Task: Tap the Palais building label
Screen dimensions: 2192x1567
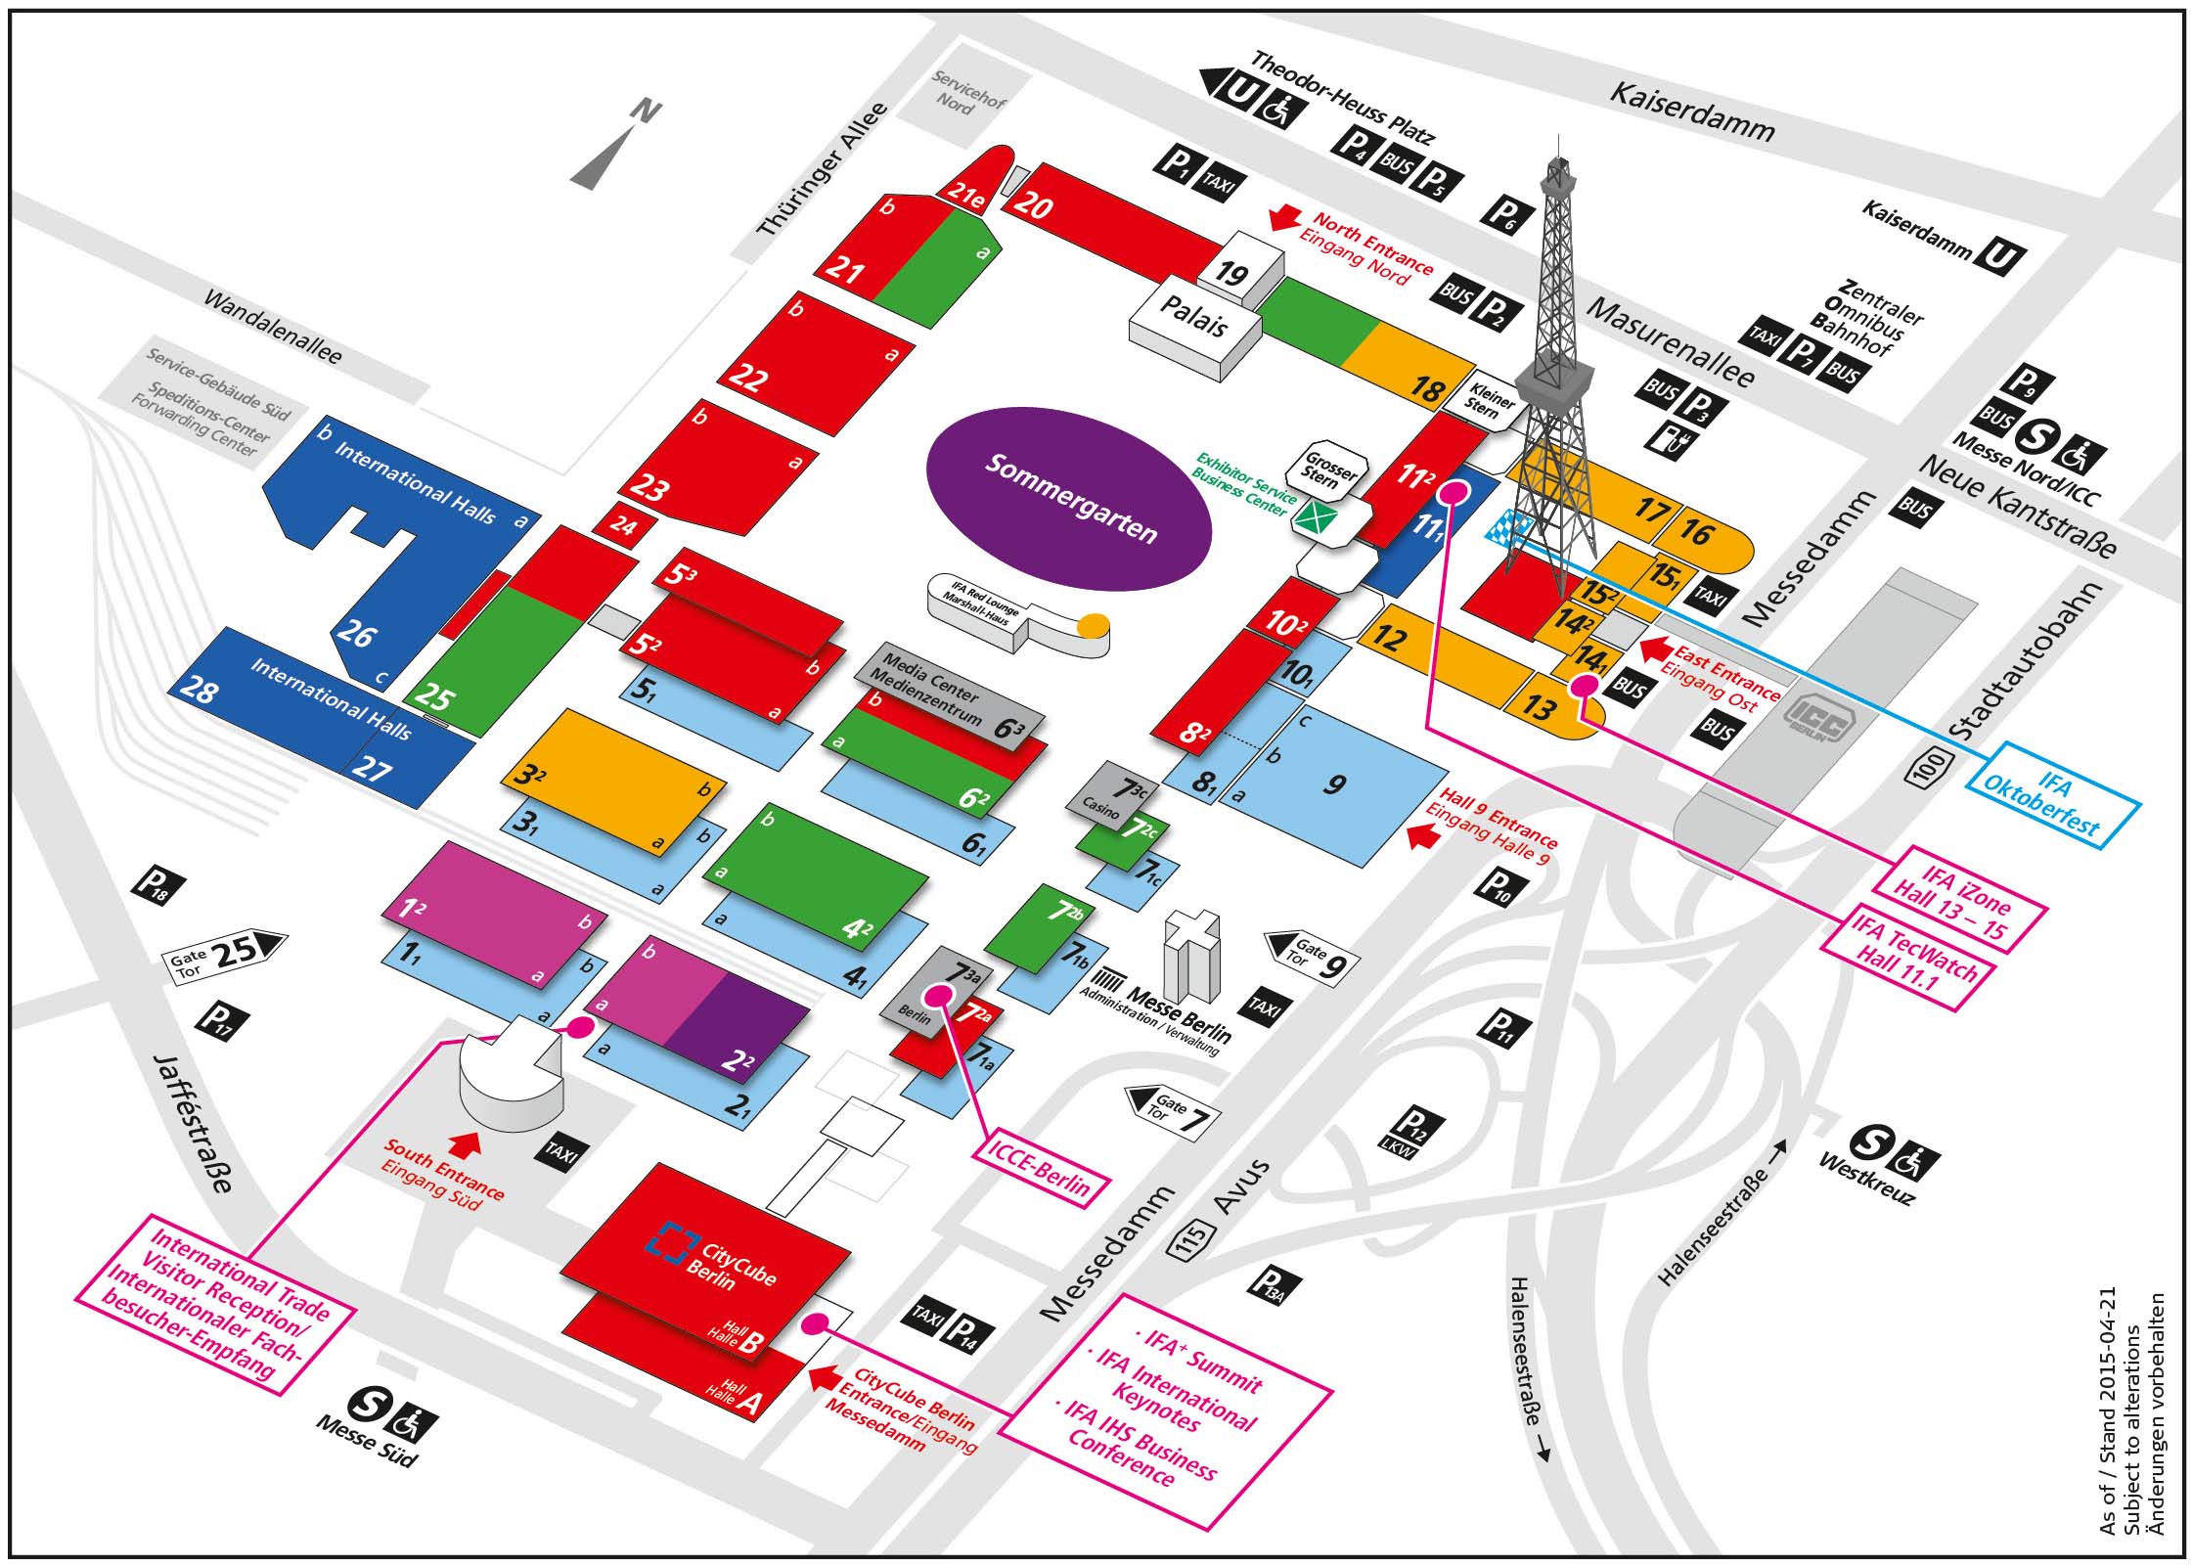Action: point(1193,316)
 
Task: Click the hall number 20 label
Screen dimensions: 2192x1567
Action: point(1033,204)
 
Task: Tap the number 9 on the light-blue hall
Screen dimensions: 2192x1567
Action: point(1334,783)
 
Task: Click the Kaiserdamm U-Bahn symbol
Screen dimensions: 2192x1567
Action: point(1999,257)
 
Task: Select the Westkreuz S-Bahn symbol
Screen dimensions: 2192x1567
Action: point(1871,1142)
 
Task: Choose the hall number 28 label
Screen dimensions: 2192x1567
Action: point(199,692)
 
